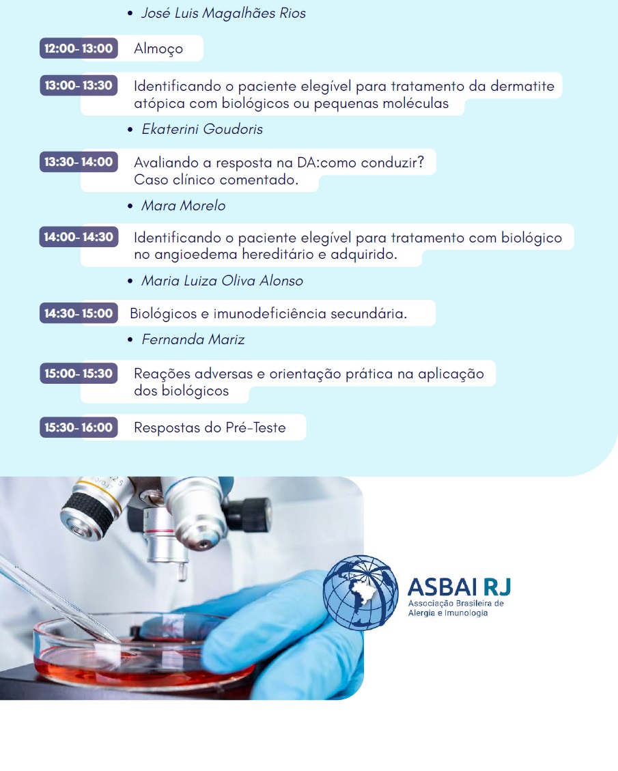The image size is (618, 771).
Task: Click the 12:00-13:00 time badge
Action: [79, 48]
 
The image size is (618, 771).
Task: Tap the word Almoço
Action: [158, 48]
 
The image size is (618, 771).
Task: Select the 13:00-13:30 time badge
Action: [79, 85]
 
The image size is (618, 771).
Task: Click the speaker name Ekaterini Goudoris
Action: [202, 129]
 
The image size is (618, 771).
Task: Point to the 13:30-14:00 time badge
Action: [79, 162]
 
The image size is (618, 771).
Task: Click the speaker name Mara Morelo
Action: [184, 206]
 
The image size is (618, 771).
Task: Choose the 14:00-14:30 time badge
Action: [79, 236]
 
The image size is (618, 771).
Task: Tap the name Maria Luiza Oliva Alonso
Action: [222, 281]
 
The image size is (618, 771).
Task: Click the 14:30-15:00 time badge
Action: [79, 313]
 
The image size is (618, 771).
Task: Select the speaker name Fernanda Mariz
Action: [193, 339]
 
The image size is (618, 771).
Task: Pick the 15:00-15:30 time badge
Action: [79, 373]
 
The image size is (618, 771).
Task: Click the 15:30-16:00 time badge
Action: [79, 427]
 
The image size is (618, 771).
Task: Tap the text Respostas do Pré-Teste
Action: [210, 427]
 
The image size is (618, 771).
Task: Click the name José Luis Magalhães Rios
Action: [224, 13]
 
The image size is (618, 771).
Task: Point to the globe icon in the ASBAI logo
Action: [361, 593]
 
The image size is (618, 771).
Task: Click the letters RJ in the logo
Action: [497, 587]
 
